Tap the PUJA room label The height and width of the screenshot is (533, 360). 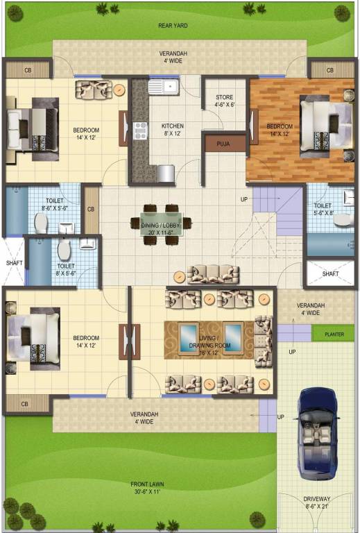tap(223, 144)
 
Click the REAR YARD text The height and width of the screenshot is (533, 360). tap(173, 26)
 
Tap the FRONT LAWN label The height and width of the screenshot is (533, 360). tap(148, 484)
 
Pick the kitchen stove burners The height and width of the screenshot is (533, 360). tap(141, 129)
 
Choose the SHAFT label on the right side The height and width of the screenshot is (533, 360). tap(330, 273)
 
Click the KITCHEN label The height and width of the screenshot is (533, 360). tap(173, 126)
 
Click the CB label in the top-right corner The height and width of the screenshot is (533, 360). tap(330, 70)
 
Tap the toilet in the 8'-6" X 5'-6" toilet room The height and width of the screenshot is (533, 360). tap(42, 222)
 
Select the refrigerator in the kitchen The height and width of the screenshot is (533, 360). tap(165, 173)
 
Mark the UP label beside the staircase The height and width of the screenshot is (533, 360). tap(243, 199)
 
